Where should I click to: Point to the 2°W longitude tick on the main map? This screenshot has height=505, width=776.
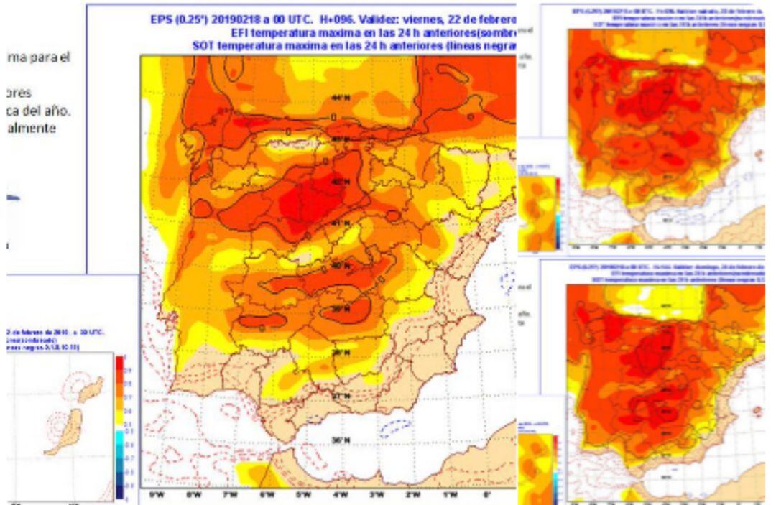413,495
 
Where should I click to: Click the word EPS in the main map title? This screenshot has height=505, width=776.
162,20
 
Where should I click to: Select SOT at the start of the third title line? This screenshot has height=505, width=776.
203,45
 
